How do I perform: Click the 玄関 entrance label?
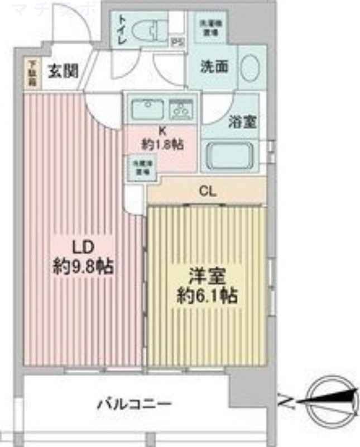click(61, 71)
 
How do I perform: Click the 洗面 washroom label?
click(215, 66)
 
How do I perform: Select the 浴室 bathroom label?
click(243, 122)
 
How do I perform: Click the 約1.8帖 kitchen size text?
click(163, 144)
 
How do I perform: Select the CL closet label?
click(207, 192)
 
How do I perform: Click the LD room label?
click(81, 246)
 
